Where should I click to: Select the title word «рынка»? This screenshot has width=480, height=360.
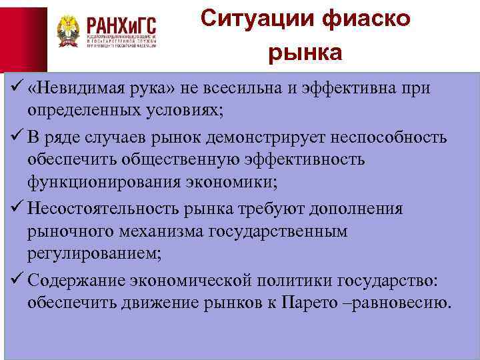coord(305,53)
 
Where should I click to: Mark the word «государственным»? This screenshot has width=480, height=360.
coord(282,231)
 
